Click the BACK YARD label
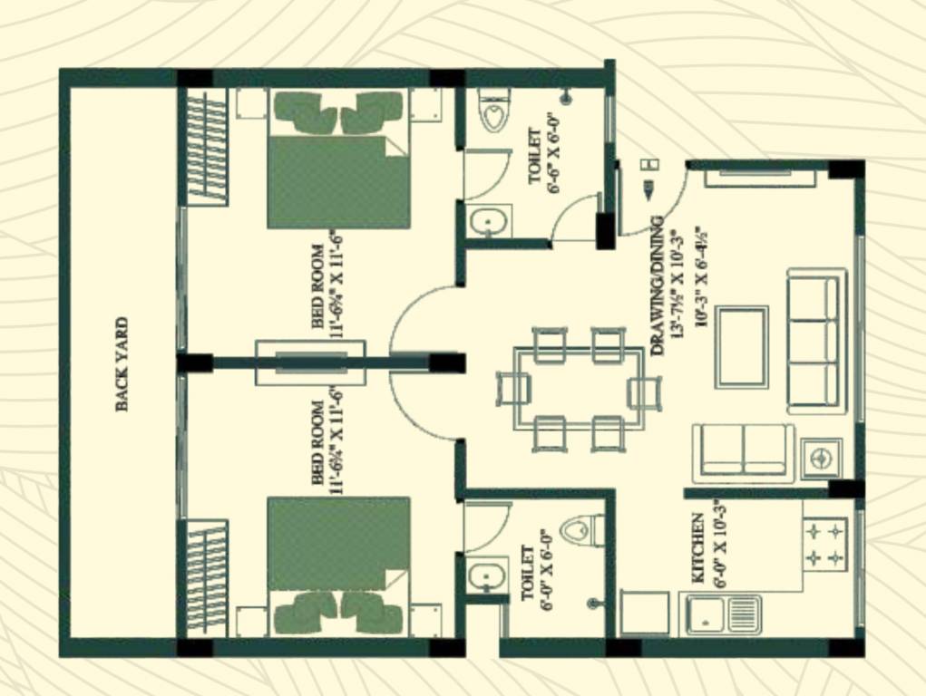coord(122,364)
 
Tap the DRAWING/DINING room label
coord(658,285)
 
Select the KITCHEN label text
coord(697,547)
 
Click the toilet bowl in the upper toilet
coord(493,114)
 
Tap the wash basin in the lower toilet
coord(487,575)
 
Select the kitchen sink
coord(724,614)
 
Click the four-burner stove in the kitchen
coord(824,543)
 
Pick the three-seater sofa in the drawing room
coord(814,341)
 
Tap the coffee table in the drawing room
coord(742,347)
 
